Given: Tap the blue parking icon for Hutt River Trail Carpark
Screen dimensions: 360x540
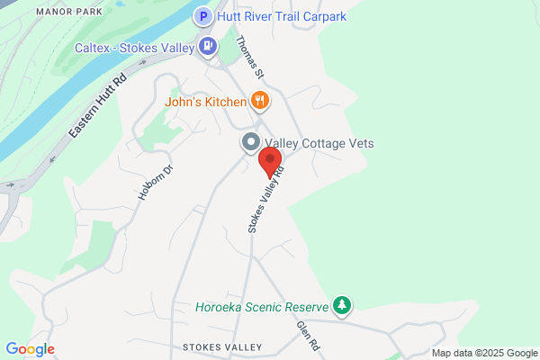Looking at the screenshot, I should pos(204,16).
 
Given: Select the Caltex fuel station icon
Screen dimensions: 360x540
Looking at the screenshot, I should pos(209,45).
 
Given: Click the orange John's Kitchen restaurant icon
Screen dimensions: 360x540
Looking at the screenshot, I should pos(259,100).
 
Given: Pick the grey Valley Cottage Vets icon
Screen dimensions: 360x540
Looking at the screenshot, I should pos(249,143).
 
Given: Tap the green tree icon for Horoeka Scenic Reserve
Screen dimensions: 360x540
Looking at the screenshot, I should pos(341,306).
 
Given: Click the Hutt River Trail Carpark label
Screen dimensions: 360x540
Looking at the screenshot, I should pos(281,16).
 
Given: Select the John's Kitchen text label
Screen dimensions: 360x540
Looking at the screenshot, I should pos(204,101).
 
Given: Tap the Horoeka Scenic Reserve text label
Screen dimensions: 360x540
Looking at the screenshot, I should pos(262,307).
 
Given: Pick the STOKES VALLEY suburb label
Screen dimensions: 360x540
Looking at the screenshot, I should pos(221,347).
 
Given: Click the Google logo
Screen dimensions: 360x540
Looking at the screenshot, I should pos(30,349).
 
